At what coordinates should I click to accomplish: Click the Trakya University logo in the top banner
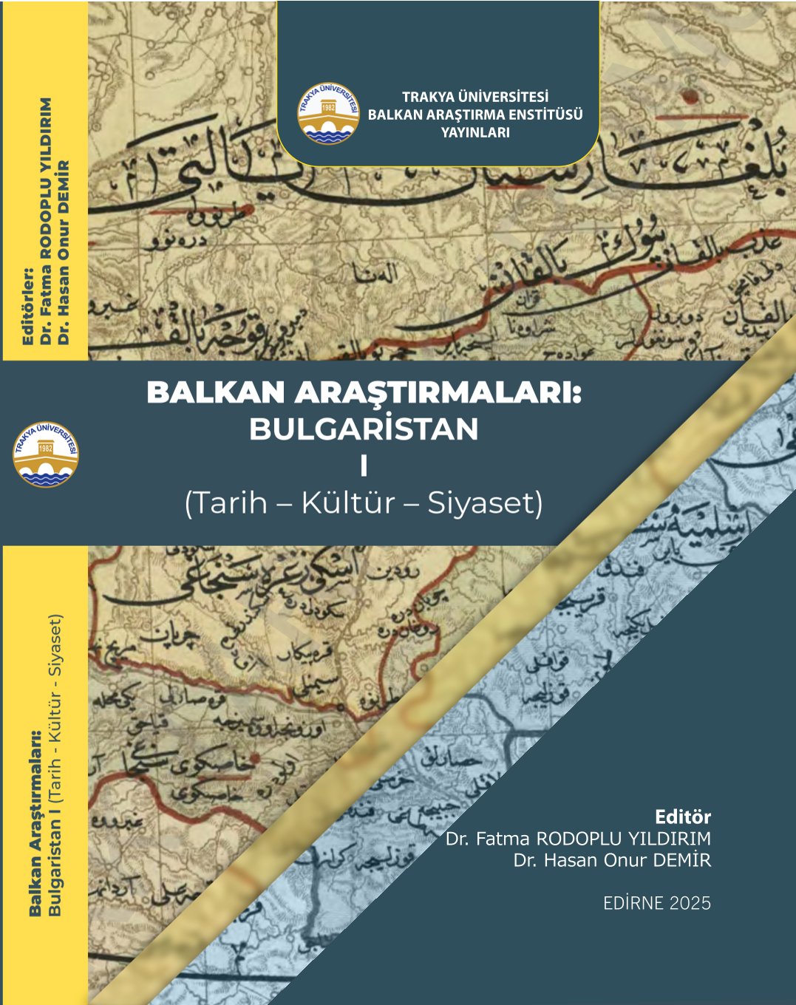[329, 114]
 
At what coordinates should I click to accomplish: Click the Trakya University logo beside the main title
[46, 454]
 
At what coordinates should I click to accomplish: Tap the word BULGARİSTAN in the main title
[364, 429]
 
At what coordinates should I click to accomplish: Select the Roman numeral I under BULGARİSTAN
[364, 467]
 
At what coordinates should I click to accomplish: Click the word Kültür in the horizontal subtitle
[347, 503]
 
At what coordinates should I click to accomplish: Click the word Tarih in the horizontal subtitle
[227, 503]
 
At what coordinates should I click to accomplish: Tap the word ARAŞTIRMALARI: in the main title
[438, 393]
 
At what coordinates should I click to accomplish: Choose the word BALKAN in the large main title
[216, 393]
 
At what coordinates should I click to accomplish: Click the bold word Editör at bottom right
[683, 817]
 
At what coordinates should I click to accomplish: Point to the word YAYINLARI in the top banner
[475, 133]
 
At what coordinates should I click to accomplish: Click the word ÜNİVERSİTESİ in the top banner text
[503, 97]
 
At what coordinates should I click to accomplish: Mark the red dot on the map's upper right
[691, 95]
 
